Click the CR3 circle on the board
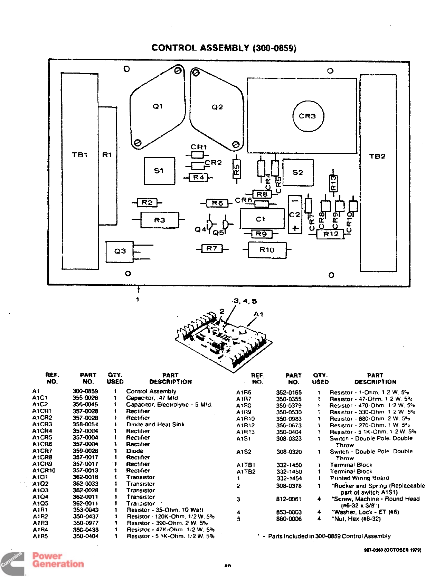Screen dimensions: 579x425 308,116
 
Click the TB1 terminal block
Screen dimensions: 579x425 79,171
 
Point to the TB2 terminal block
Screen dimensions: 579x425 377,173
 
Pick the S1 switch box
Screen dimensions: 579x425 159,171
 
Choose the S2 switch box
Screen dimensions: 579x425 298,172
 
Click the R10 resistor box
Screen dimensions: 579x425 267,250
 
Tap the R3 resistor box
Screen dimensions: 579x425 160,220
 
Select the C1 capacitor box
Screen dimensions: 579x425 261,219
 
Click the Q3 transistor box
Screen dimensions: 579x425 120,251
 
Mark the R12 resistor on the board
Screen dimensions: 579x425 331,234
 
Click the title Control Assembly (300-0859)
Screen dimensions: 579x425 224,48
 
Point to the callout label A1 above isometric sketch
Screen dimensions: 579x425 258,314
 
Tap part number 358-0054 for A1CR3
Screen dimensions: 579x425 85,424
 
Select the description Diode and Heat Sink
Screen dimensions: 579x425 155,424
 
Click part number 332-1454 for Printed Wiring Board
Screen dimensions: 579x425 289,478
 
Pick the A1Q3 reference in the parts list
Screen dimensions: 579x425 40,490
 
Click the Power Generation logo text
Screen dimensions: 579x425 58,560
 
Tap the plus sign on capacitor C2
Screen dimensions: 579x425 295,228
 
